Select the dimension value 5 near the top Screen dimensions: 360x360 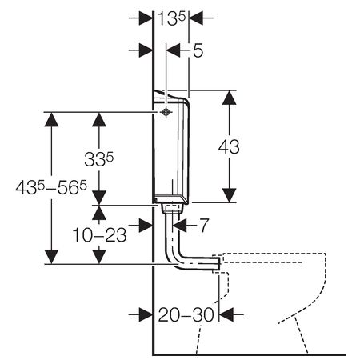[x=198, y=50]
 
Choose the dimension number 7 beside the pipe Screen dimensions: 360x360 [x=204, y=226]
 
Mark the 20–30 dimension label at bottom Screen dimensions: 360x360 [x=185, y=314]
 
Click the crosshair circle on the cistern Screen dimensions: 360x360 [x=164, y=113]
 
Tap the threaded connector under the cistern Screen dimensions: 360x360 [x=169, y=210]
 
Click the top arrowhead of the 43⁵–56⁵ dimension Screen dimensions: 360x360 [x=52, y=119]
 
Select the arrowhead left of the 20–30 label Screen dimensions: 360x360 [x=144, y=314]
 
